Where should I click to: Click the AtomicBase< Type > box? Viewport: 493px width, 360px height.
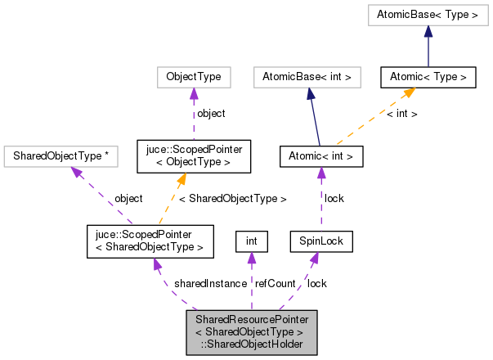pyautogui.click(x=428, y=14)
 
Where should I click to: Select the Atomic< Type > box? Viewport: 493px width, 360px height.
pyautogui.click(x=428, y=78)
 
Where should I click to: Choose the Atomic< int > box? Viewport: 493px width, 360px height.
pyautogui.click(x=320, y=155)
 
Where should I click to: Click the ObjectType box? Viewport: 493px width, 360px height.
pyautogui.click(x=194, y=78)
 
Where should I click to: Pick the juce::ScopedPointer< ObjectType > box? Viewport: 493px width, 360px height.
pyautogui.click(x=194, y=155)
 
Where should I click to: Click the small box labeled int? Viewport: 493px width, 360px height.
pyautogui.click(x=252, y=241)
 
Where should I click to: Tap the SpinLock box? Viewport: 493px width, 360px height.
pyautogui.click(x=321, y=241)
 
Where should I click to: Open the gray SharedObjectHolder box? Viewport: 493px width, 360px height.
pyautogui.click(x=250, y=331)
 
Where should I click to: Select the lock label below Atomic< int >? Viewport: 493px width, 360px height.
pyautogui.click(x=334, y=198)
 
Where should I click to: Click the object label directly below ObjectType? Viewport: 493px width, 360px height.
pyautogui.click(x=210, y=113)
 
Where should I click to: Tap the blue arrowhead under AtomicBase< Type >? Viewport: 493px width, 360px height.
pyautogui.click(x=428, y=31)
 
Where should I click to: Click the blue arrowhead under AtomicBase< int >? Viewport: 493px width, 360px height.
pyautogui.click(x=311, y=94)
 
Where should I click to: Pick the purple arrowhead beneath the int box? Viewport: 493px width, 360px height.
pyautogui.click(x=252, y=259)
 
